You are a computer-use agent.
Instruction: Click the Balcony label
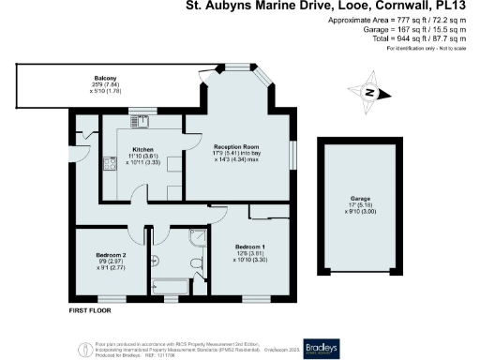pos(104,79)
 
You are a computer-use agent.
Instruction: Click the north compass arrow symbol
pos(370,92)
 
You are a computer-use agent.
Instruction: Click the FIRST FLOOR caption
pos(92,309)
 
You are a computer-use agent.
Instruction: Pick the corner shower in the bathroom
pos(196,238)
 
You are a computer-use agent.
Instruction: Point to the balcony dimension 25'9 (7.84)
pos(104,85)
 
